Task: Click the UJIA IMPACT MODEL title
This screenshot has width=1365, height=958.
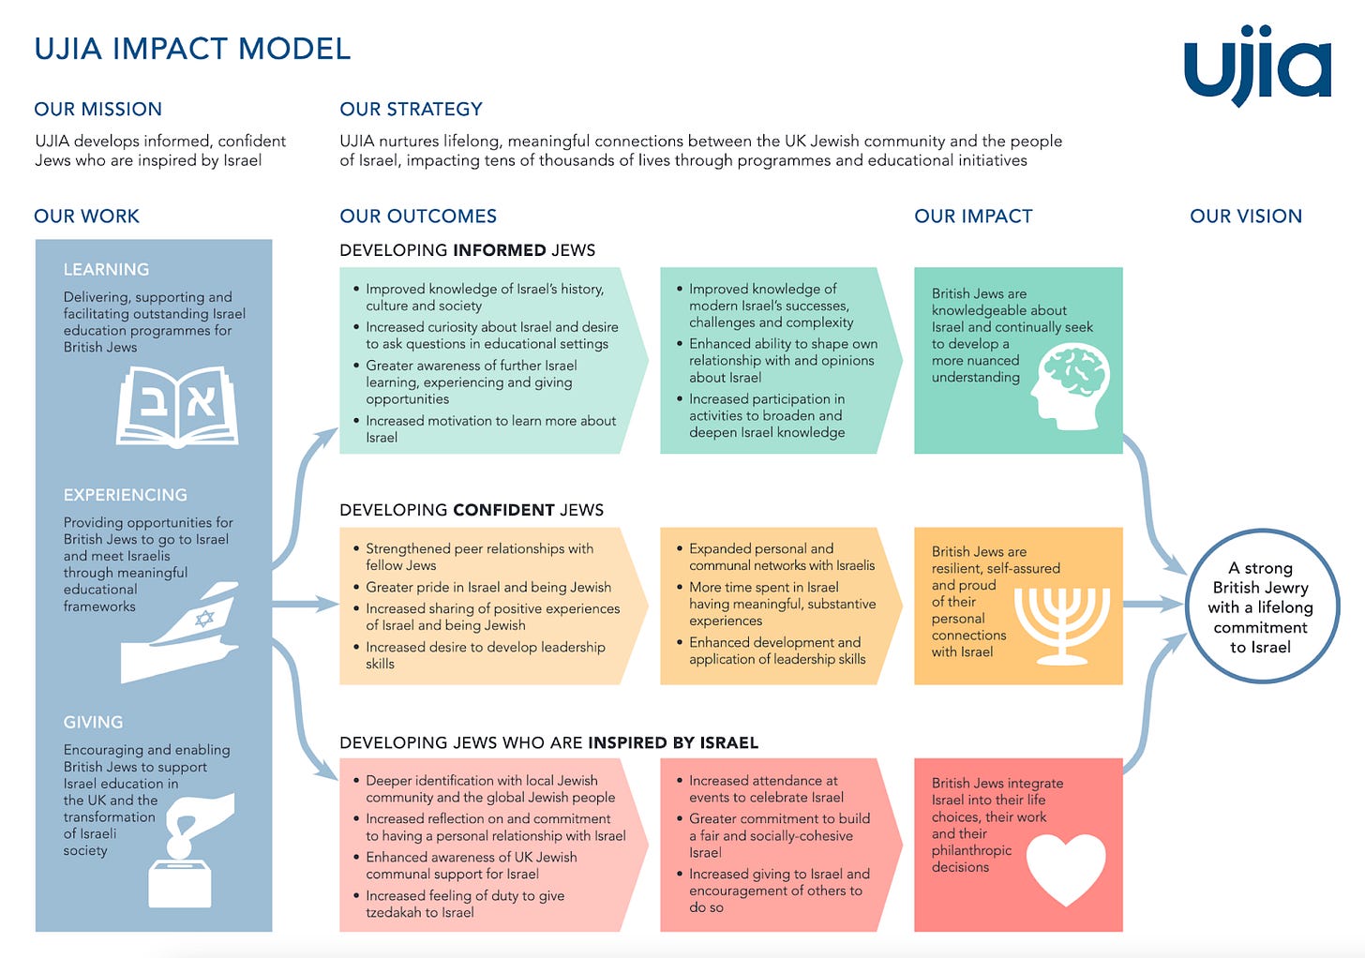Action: tap(192, 49)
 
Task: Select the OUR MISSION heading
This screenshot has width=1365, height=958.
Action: tap(97, 109)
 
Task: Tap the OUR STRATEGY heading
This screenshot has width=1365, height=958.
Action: tap(411, 109)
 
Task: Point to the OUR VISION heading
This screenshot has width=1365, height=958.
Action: tap(1245, 217)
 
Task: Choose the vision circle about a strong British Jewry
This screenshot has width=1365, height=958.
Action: tap(1261, 606)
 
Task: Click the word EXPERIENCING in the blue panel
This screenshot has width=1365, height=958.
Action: tap(126, 495)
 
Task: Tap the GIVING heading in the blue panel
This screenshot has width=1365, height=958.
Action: tap(93, 723)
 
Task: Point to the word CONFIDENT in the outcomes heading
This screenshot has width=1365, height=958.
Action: tap(503, 510)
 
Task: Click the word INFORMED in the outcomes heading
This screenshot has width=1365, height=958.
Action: tap(499, 250)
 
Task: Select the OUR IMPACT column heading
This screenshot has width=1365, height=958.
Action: tap(973, 217)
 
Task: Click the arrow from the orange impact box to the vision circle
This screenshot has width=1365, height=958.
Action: tap(1152, 605)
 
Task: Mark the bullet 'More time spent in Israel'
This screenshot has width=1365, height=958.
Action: tap(763, 587)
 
